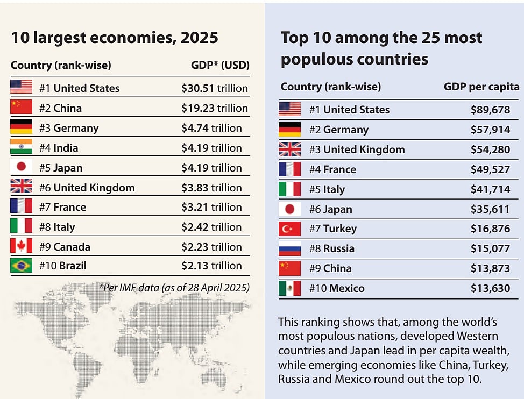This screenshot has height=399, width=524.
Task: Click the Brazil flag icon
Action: pyautogui.click(x=21, y=266)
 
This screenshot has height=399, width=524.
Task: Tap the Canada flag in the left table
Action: pyautogui.click(x=21, y=246)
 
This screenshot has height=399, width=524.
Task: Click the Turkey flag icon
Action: pyautogui.click(x=289, y=229)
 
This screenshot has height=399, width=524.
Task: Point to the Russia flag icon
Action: pyautogui.click(x=289, y=249)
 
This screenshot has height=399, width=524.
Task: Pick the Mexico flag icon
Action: pyautogui.click(x=289, y=288)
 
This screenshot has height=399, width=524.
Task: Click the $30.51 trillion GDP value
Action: pyautogui.click(x=215, y=88)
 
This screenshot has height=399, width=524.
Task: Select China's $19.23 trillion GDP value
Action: pyautogui.click(x=215, y=108)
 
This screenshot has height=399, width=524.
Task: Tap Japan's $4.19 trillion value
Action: pyautogui.click(x=211, y=168)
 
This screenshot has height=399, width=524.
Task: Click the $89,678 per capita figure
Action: pyautogui.click(x=490, y=110)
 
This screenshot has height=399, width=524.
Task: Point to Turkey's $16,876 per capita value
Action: pyautogui.click(x=490, y=229)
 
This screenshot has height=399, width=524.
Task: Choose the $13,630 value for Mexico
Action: pyautogui.click(x=490, y=288)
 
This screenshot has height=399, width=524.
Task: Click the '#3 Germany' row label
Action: pyautogui.click(x=69, y=128)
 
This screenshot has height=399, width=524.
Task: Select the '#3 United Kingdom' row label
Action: pyautogui.click(x=357, y=149)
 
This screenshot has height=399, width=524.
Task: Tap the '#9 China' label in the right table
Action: pyautogui.click(x=330, y=268)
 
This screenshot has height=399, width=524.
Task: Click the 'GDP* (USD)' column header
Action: pyautogui.click(x=220, y=66)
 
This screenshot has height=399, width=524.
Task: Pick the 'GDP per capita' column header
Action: pyautogui.click(x=481, y=87)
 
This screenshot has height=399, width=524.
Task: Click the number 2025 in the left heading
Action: pyautogui.click(x=200, y=38)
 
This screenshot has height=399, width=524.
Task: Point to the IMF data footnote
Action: pyautogui.click(x=174, y=287)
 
